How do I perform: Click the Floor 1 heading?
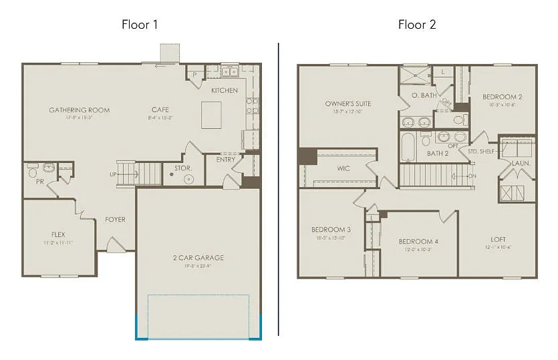coord(139,25)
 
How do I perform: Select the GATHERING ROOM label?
coord(79,110)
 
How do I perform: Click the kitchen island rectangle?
coord(211,115)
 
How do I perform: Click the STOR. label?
coord(183,168)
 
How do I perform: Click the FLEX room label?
coord(58,234)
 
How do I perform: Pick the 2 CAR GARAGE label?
coord(197,258)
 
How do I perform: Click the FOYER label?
coord(115,219)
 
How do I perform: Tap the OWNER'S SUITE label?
coord(348,104)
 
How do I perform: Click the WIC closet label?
coord(343,168)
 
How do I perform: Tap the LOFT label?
coord(499,239)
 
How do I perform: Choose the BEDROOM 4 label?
coord(418,241)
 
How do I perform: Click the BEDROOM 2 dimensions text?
coord(503,104)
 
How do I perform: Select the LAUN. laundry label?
coord(521,163)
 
